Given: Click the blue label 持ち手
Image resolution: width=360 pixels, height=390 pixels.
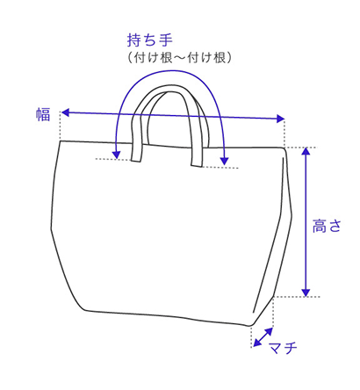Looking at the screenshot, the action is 150,40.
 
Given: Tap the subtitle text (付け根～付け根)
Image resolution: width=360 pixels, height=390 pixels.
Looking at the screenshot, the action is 179,58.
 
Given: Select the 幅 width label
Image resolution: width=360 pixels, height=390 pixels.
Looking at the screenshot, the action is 43,114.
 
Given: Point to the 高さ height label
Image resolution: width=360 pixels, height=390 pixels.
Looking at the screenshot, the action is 327,226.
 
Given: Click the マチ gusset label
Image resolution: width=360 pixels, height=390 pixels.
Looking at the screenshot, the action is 283,348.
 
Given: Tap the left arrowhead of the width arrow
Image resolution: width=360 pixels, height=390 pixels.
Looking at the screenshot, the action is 65,112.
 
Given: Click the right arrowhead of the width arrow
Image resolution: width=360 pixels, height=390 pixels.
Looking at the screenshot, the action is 280,119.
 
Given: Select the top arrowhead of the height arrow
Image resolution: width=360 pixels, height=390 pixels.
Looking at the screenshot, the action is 306,151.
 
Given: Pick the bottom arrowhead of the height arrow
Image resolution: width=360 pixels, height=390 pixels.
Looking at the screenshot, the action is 306,292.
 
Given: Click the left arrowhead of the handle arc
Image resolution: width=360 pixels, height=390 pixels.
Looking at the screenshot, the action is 117,155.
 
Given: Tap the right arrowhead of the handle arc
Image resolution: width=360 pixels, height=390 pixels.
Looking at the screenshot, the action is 225,161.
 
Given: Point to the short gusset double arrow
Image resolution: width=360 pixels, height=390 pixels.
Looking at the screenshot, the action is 263,337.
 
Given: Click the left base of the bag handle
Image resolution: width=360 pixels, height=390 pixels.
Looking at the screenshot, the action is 136,160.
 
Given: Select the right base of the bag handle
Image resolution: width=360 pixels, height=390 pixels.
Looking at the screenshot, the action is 198,166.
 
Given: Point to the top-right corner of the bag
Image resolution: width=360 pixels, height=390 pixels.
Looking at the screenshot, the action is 284,148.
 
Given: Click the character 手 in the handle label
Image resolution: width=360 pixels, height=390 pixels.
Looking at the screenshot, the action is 166,40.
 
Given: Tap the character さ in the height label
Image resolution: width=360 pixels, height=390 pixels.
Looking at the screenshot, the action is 335,226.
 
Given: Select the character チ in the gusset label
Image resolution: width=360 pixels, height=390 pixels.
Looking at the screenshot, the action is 290,348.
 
